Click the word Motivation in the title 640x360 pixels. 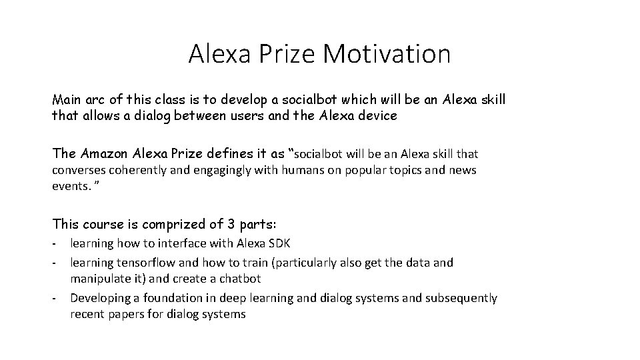pyautogui.click(x=387, y=54)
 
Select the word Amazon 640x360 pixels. pyautogui.click(x=105, y=153)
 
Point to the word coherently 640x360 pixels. pyautogui.click(x=139, y=170)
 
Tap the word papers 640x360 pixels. pyautogui.click(x=130, y=313)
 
